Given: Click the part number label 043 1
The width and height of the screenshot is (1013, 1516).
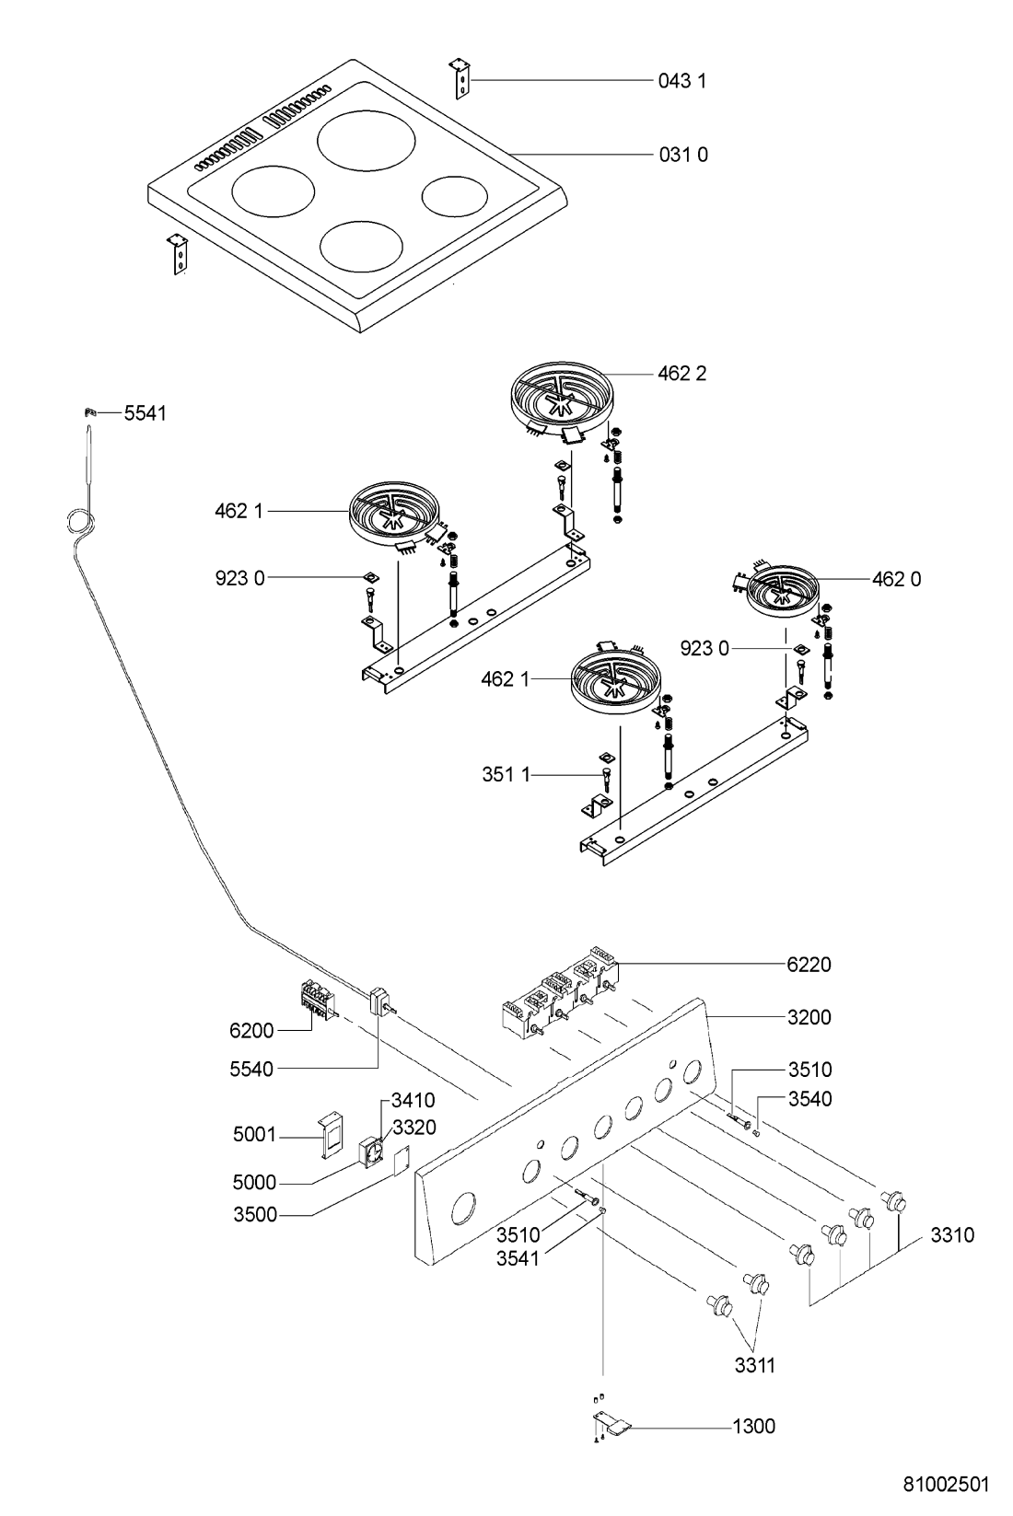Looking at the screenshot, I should pos(682,81).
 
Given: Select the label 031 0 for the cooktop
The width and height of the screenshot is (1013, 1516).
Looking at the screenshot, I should pos(683,155).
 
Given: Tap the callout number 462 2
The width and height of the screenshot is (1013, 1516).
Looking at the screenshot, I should pos(682,374).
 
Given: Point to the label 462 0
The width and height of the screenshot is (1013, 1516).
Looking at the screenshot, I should pos(896,579).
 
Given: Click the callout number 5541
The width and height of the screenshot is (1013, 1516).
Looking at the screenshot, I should pos(146,413).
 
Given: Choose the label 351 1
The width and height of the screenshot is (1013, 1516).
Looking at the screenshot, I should pos(506,775).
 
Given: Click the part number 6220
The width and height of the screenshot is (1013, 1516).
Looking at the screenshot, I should pos(809,965).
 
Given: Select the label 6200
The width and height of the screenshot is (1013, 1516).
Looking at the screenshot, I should pos(251,1031).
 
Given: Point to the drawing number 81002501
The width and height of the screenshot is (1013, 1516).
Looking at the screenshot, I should pos(946,1485).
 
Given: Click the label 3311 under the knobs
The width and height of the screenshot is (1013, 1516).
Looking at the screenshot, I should pos(754,1366).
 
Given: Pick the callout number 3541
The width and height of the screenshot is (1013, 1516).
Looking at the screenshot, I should pos(517,1259).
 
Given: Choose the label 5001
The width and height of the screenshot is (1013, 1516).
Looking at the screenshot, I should pos(254,1135).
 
